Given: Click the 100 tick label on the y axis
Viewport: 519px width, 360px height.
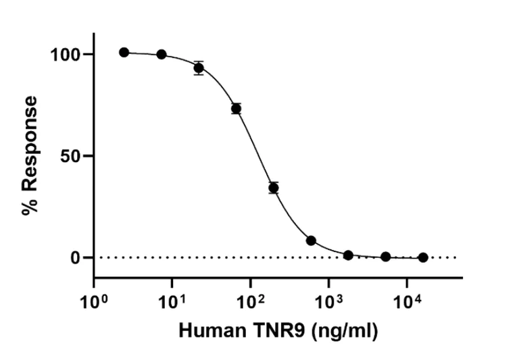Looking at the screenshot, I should [x=68, y=54].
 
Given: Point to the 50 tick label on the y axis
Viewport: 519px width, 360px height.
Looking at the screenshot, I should [x=74, y=156].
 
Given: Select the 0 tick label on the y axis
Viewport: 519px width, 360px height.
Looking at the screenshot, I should [x=79, y=258].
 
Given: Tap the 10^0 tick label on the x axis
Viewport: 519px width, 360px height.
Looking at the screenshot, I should [x=94, y=297].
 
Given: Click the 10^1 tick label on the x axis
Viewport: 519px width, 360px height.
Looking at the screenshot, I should [x=172, y=297].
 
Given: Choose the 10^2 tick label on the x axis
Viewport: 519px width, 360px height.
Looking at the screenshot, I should [x=250, y=297].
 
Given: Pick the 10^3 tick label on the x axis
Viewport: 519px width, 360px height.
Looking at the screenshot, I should [x=328, y=297].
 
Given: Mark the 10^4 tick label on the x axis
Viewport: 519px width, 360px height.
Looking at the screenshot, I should [x=407, y=297].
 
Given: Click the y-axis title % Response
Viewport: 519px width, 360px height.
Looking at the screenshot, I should [x=30, y=155].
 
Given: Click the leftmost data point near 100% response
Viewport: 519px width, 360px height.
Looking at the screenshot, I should [x=124, y=52].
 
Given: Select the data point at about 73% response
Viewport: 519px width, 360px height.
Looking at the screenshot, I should [x=236, y=109].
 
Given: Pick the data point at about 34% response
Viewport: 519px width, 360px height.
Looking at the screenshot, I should [x=273, y=188].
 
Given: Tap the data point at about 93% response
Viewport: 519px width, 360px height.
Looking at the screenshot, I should [x=199, y=68].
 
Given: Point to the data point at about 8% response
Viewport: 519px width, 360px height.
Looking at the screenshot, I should [x=311, y=240].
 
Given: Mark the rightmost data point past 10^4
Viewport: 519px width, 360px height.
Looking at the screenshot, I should [x=423, y=257].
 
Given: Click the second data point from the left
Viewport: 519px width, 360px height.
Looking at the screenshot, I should [x=162, y=54].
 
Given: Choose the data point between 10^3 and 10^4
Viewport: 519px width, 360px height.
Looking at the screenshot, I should [x=385, y=257].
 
